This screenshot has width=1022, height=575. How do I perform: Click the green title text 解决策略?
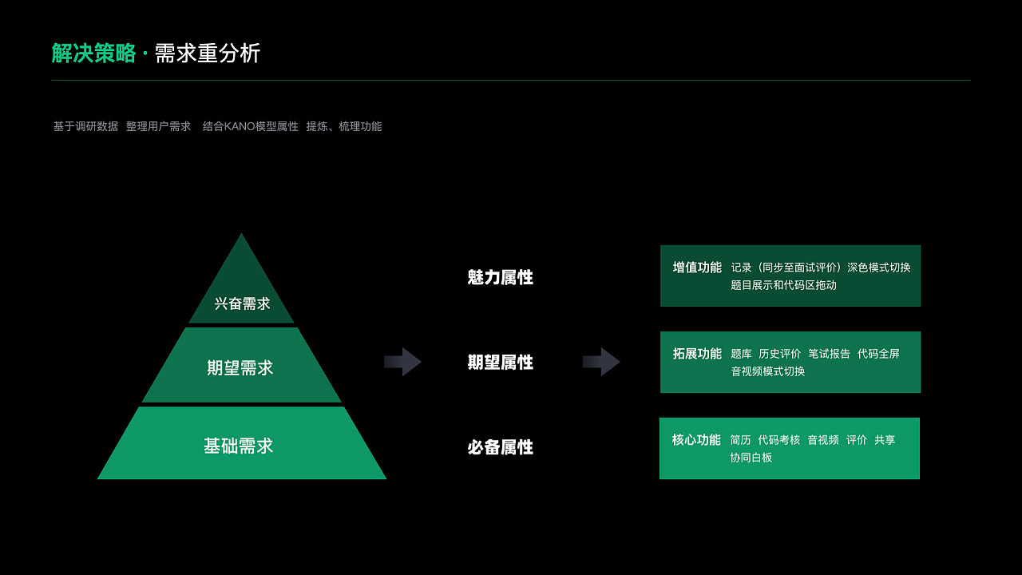pyautogui.click(x=93, y=54)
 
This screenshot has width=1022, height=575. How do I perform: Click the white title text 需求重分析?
pyautogui.click(x=208, y=54)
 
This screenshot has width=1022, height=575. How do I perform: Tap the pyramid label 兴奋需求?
pyautogui.click(x=242, y=304)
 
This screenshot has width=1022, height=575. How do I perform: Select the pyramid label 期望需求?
pyautogui.click(x=240, y=368)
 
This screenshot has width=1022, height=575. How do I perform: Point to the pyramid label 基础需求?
pyautogui.click(x=239, y=446)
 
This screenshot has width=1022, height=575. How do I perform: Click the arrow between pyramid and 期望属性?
pyautogui.click(x=402, y=362)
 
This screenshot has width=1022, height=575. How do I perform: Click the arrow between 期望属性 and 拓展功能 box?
pyautogui.click(x=601, y=362)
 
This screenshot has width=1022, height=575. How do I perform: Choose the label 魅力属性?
pyautogui.click(x=501, y=278)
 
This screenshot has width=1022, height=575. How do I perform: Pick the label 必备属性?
pyautogui.click(x=501, y=447)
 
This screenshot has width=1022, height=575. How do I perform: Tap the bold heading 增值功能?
pyautogui.click(x=697, y=268)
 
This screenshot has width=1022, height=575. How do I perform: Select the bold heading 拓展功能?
pyautogui.click(x=697, y=354)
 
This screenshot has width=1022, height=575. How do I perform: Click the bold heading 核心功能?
pyautogui.click(x=696, y=440)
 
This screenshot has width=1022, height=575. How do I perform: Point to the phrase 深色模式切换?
pyautogui.click(x=879, y=268)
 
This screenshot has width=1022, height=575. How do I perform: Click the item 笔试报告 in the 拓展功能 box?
pyautogui.click(x=829, y=354)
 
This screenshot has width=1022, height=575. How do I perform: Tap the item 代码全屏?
pyautogui.click(x=878, y=354)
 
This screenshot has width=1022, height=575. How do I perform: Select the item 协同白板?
pyautogui.click(x=751, y=458)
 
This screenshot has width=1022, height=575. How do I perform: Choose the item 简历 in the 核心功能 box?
pyautogui.click(x=740, y=440)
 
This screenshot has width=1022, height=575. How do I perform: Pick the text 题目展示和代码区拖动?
pyautogui.click(x=783, y=285)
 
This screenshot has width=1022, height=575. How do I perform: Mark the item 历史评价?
pyautogui.click(x=779, y=354)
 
